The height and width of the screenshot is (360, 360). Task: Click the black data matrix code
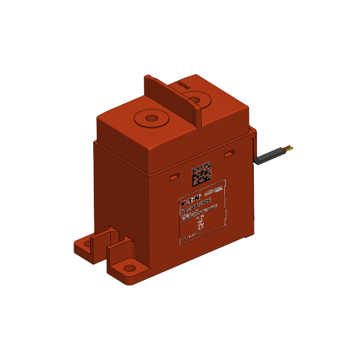[x=202, y=174]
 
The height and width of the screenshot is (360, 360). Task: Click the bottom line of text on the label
[x=192, y=237]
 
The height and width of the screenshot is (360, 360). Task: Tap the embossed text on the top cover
[x=181, y=85]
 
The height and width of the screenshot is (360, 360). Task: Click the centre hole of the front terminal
[x=151, y=118]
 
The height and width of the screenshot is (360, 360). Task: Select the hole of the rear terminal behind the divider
[x=195, y=100]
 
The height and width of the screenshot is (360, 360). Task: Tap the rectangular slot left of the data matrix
[x=173, y=177]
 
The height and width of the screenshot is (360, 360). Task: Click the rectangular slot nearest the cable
[x=229, y=153]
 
